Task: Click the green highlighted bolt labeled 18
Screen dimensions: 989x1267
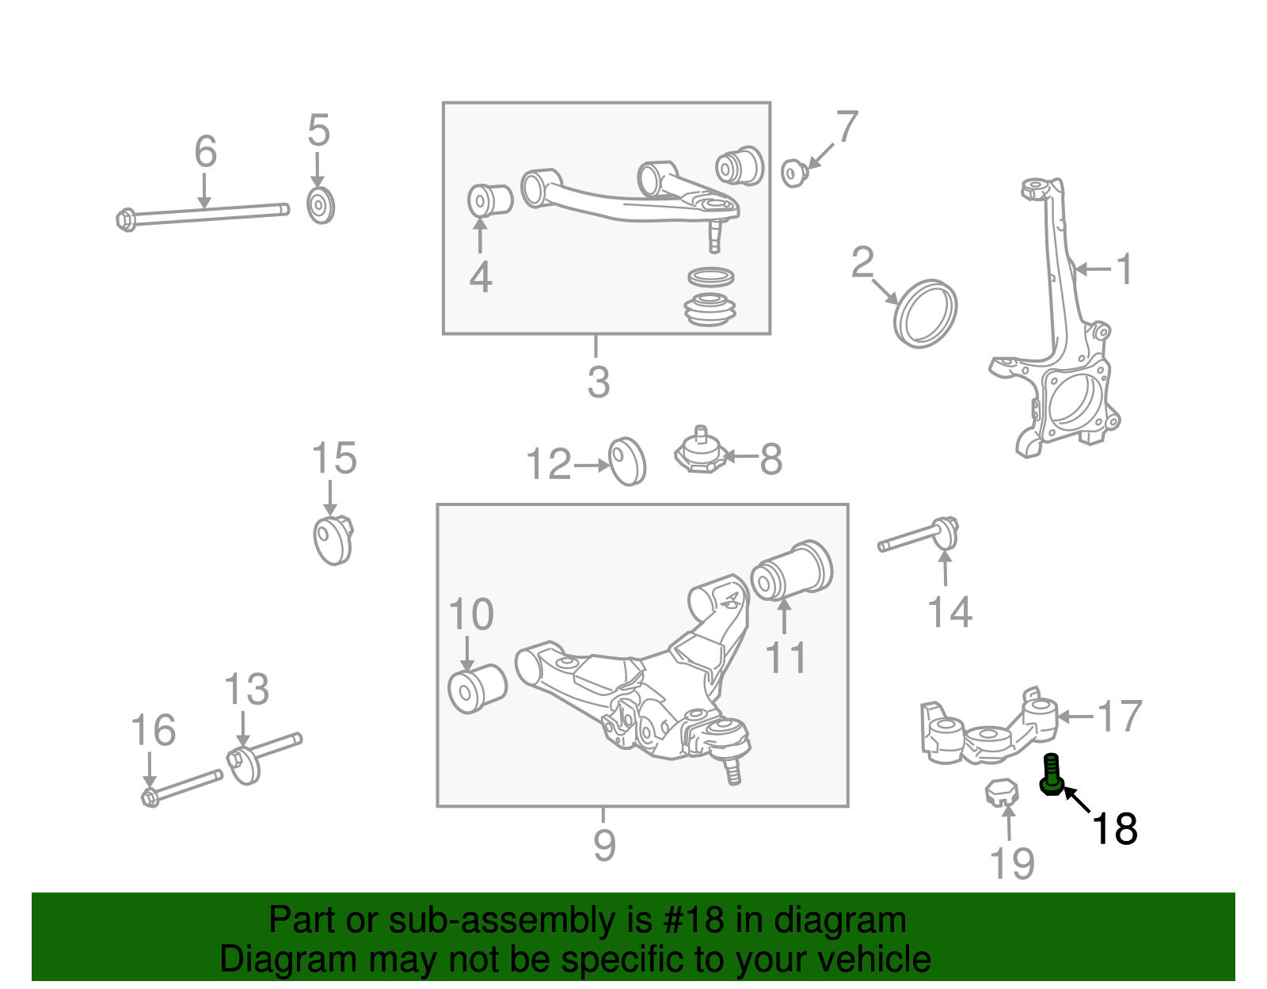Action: (x=1051, y=774)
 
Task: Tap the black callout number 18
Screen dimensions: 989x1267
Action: (x=1113, y=829)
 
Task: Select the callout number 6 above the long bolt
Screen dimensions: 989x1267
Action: (x=205, y=151)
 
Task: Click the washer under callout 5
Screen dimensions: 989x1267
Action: (x=320, y=206)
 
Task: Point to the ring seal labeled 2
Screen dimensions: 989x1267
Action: (x=925, y=313)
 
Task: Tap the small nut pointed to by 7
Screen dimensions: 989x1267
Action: (x=793, y=172)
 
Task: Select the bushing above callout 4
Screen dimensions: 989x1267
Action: (x=489, y=200)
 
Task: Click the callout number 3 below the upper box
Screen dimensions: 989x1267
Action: (x=599, y=382)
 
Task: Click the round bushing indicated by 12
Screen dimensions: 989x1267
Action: (x=627, y=461)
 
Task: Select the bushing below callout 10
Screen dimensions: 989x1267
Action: (x=477, y=688)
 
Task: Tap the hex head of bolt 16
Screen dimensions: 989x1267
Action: (x=150, y=797)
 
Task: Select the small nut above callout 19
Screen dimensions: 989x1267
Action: (x=1000, y=792)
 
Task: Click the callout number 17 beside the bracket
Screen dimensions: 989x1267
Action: (x=1119, y=717)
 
